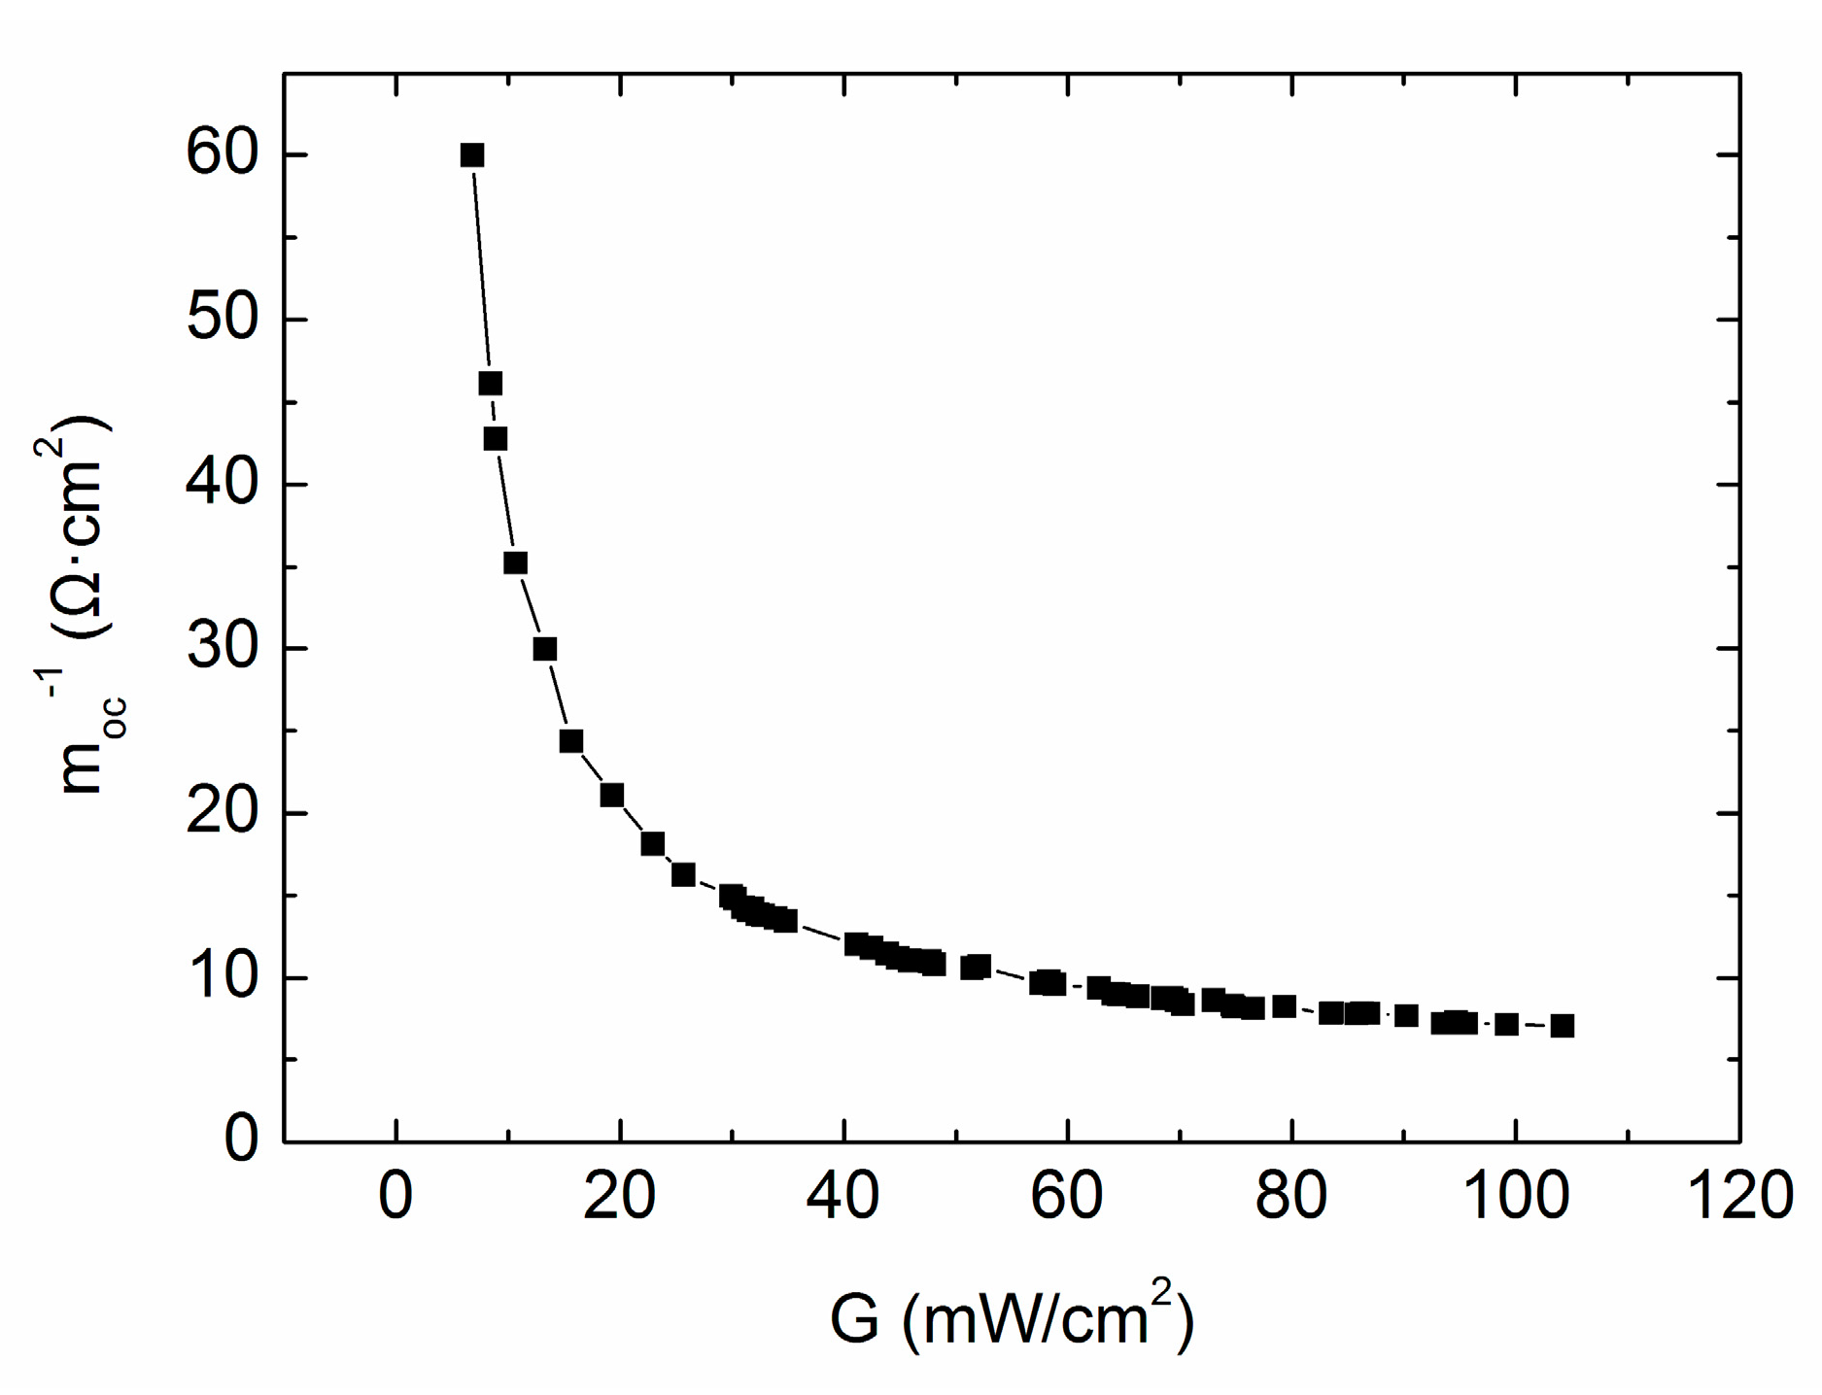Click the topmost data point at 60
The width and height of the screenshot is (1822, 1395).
coord(472,155)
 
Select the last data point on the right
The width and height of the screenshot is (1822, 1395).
coord(1562,1026)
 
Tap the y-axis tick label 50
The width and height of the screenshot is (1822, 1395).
coord(223,319)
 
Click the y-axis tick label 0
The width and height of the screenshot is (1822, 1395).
coord(241,1140)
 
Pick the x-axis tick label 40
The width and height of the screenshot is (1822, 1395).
coord(843,1195)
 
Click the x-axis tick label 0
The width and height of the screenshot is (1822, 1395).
coord(395,1195)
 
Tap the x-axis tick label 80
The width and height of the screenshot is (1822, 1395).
coord(1291,1195)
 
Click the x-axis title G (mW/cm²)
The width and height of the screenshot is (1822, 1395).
coord(1011,1318)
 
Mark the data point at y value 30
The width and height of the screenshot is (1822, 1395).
coord(545,649)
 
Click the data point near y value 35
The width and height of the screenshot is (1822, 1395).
coord(515,563)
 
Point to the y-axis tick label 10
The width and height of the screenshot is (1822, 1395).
coord(223,976)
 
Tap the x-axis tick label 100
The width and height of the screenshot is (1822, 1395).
coord(1515,1195)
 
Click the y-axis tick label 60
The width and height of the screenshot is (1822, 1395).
coord(223,154)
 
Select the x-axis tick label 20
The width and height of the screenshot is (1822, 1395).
coord(619,1195)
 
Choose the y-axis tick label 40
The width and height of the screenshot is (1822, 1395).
coord(223,483)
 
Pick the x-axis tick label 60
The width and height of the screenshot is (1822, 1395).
coord(1067,1195)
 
